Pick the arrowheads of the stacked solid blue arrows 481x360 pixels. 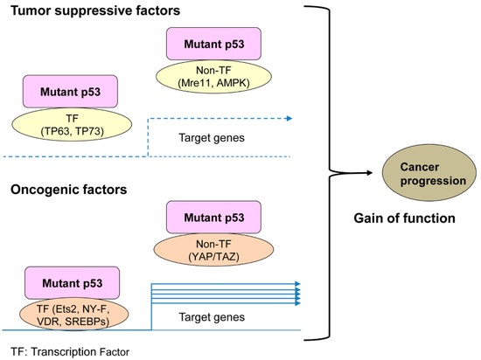pos(297,293)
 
